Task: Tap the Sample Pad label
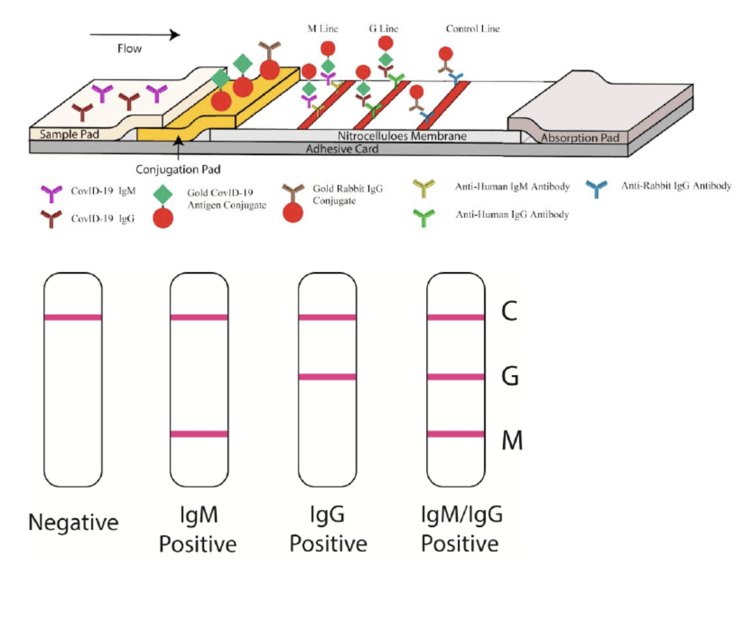click(69, 134)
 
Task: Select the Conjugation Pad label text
click(178, 169)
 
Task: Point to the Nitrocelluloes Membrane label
click(402, 136)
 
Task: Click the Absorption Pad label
click(580, 138)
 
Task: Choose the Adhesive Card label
click(342, 149)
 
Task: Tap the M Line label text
click(323, 29)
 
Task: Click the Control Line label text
click(473, 29)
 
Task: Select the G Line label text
click(384, 29)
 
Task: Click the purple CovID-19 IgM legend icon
click(51, 193)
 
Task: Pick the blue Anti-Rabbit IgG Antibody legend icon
click(597, 188)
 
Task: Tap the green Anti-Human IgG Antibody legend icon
click(423, 217)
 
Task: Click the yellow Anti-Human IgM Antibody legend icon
click(423, 188)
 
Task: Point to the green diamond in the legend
click(163, 195)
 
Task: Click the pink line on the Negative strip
click(73, 317)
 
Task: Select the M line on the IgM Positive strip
click(199, 434)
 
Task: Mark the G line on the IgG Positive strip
click(328, 377)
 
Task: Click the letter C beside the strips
click(509, 311)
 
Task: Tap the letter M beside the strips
click(512, 440)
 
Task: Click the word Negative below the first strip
click(73, 522)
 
